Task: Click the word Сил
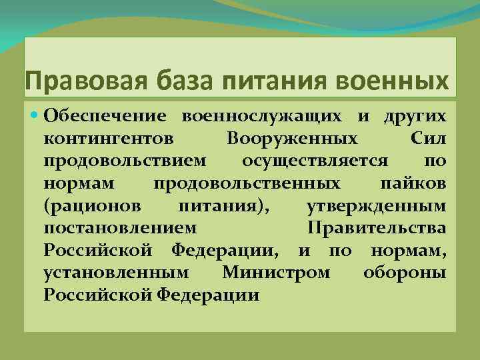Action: [425, 139]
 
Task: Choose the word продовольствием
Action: [125, 161]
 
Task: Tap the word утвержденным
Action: [377, 206]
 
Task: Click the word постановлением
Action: [120, 229]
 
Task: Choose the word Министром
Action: [276, 273]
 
